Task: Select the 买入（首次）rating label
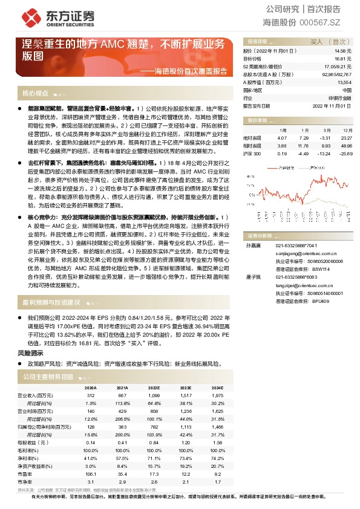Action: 327,42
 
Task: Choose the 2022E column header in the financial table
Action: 154,388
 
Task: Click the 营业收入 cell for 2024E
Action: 216,394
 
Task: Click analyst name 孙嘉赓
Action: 251,246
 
